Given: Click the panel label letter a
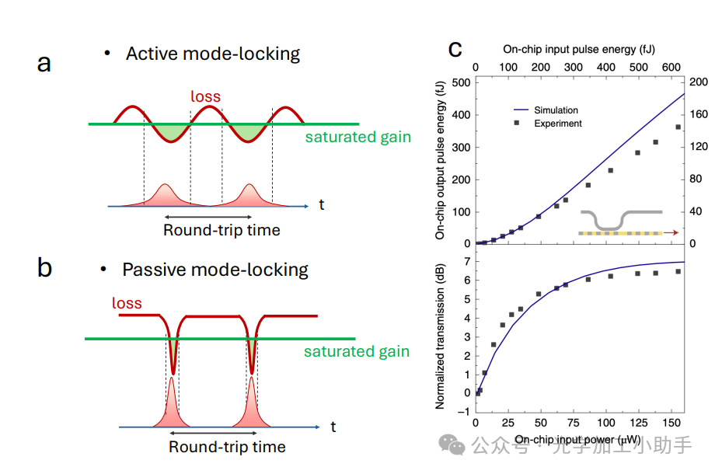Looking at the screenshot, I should (44, 62).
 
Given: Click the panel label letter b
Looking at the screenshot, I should (45, 268).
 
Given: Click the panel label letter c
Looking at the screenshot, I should (455, 49).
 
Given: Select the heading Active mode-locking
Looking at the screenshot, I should (212, 54).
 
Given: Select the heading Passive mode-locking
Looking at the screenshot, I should (214, 270).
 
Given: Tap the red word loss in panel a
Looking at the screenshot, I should (206, 96).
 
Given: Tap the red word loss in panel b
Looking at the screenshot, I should (127, 302).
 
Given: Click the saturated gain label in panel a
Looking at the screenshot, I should (357, 138).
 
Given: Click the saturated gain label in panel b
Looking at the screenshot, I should (357, 351).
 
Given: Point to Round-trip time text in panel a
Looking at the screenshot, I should (221, 230).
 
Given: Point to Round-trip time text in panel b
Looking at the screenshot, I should (227, 447).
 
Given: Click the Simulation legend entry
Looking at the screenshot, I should (556, 110).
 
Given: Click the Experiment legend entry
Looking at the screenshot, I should (557, 124).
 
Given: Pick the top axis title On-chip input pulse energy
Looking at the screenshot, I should (580, 49).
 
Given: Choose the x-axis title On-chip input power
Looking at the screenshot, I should (577, 440).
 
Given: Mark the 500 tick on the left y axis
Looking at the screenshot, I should (461, 82).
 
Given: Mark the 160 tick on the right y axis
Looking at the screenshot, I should (699, 115).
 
